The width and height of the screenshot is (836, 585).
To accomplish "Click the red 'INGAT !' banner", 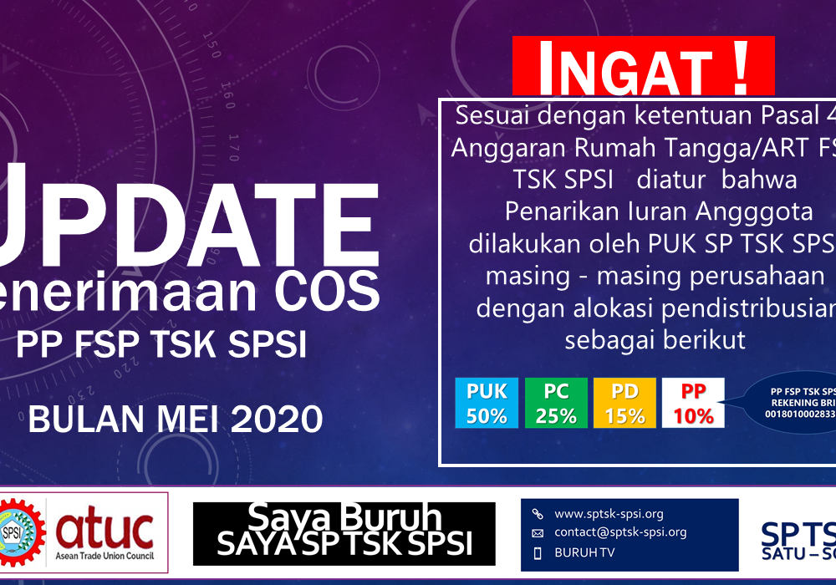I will [643, 67].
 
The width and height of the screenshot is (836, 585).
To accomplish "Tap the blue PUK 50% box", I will [487, 403].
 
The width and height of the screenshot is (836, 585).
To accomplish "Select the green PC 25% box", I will [556, 403].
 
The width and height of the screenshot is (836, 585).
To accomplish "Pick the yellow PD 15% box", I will [624, 403].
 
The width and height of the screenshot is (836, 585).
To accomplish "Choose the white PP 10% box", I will [693, 403].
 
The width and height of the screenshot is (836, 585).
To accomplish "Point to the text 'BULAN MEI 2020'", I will [176, 418].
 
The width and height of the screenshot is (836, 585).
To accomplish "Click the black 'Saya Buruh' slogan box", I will [344, 533].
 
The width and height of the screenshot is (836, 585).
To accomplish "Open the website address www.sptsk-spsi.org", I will [609, 514].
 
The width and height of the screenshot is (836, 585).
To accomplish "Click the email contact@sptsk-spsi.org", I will [620, 532].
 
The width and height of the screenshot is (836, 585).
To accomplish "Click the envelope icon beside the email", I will [538, 533].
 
